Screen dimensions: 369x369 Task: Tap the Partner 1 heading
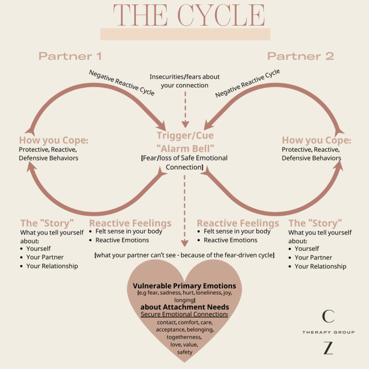coord(70,56)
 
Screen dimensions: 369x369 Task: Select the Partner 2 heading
coord(300,56)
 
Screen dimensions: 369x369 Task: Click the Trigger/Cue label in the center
coord(185,136)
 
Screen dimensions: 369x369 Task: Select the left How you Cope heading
coord(53,140)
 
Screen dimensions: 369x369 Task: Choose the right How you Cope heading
coord(316,140)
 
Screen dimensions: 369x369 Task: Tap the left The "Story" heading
coord(47,223)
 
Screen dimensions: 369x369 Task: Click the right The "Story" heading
coord(315,223)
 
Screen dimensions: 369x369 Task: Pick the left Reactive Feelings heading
coord(130,223)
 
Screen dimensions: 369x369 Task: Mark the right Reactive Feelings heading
coord(238,223)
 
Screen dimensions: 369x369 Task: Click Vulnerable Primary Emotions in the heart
coord(184,286)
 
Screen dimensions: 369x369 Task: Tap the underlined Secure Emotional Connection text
coord(184,314)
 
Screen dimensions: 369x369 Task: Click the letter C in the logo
coord(328,316)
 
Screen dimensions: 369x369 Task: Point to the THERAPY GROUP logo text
coord(328,332)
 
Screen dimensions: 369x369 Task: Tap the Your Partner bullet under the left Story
coord(45,257)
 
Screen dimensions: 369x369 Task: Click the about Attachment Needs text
coord(184,307)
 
